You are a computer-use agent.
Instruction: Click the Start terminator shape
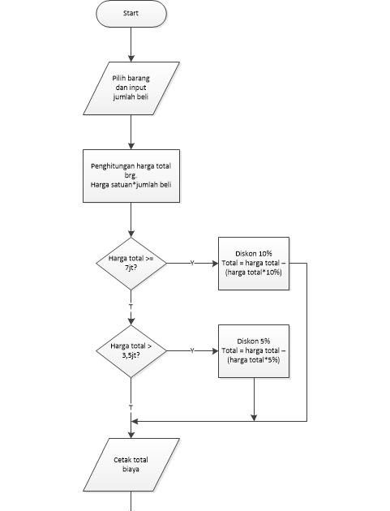click(131, 13)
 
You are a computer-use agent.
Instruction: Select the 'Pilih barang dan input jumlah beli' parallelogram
click(131, 88)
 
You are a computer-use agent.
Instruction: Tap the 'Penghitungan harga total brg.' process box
click(131, 176)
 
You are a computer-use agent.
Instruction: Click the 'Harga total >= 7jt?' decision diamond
click(131, 264)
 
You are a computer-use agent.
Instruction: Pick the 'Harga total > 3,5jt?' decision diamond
click(131, 351)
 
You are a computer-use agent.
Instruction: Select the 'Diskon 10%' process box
click(254, 264)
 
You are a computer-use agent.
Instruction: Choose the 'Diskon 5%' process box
click(254, 351)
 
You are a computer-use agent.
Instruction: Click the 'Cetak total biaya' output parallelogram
click(131, 465)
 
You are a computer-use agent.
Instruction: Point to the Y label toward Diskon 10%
click(192, 263)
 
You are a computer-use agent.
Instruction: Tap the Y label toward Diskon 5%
click(192, 350)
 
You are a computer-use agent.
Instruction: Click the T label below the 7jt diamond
click(131, 307)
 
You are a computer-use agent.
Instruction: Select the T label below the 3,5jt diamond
click(131, 407)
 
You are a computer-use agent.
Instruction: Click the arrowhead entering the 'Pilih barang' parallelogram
click(131, 58)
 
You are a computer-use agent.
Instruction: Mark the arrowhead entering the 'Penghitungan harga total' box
click(131, 146)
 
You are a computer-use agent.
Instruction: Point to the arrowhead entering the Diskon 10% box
click(215, 264)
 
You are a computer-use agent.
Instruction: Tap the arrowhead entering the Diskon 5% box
click(215, 351)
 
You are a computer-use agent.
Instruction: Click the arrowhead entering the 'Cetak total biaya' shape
click(131, 435)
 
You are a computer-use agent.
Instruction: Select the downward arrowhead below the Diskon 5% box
click(254, 418)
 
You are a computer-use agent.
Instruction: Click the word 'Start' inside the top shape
click(131, 13)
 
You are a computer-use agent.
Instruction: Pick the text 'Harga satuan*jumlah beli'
click(131, 185)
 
